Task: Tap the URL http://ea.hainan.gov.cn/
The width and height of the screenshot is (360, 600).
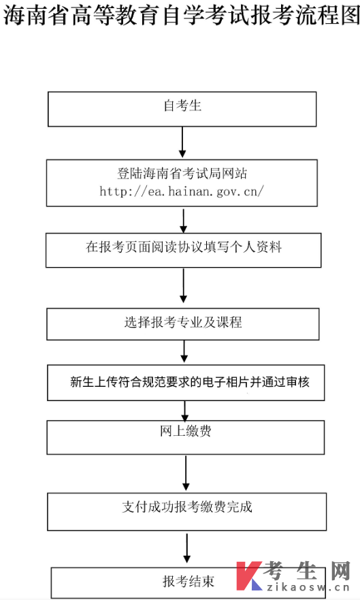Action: (x=182, y=191)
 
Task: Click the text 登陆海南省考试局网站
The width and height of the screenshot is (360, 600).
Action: (x=182, y=174)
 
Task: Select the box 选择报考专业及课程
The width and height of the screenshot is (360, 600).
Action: (x=182, y=323)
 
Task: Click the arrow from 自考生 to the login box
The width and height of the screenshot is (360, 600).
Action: (x=182, y=142)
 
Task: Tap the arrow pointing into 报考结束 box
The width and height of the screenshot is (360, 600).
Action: (x=186, y=548)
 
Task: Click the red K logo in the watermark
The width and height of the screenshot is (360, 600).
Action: (x=247, y=576)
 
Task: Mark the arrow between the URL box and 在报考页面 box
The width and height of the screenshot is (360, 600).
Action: (x=183, y=221)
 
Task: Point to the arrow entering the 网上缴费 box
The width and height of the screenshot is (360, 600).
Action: (x=185, y=410)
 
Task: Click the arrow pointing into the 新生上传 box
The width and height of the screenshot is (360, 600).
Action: (x=184, y=352)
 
